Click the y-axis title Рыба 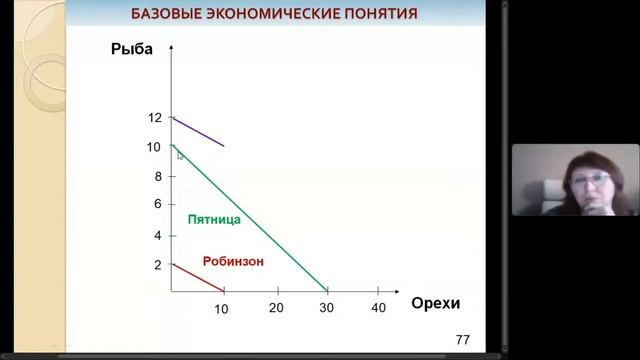(x=133, y=51)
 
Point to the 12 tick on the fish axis (x=154, y=118)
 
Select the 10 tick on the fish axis (x=154, y=147)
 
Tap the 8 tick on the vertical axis (x=157, y=176)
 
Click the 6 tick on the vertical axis (x=157, y=204)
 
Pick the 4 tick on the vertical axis (x=157, y=236)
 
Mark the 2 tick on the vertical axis (x=157, y=265)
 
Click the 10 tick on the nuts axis (x=221, y=309)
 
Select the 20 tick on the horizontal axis (x=276, y=307)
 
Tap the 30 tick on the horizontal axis (x=326, y=307)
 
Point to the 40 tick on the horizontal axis (x=378, y=307)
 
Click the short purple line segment (x=198, y=132)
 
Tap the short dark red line (x=197, y=277)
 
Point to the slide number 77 (x=463, y=341)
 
